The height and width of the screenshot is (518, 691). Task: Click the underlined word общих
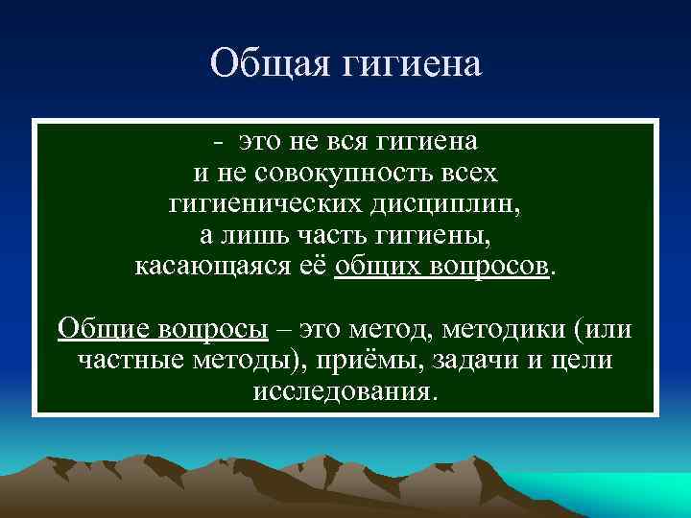point(368,266)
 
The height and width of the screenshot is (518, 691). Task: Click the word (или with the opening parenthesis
point(603,330)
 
